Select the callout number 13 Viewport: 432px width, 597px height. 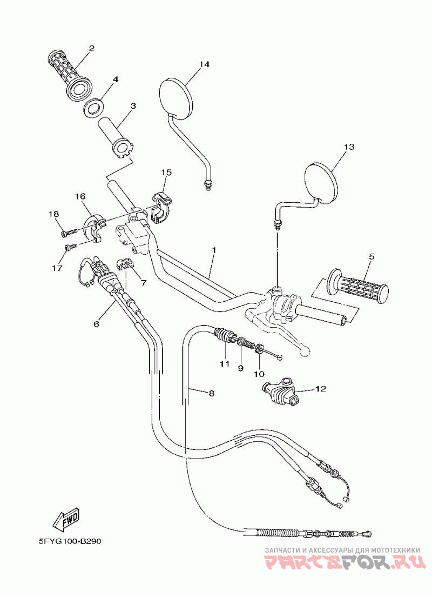click(x=348, y=147)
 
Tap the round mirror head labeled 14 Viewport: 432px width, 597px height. click(x=176, y=96)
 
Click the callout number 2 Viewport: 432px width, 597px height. click(x=91, y=49)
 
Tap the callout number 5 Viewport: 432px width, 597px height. click(x=370, y=257)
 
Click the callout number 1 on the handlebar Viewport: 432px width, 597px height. click(x=214, y=251)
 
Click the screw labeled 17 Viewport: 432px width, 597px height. click(x=69, y=248)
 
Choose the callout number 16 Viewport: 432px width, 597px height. click(x=80, y=196)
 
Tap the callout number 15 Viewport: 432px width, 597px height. click(x=166, y=173)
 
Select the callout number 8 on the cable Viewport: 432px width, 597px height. click(x=211, y=394)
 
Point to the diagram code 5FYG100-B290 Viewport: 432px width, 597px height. click(x=70, y=541)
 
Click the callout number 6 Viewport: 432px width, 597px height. click(x=97, y=324)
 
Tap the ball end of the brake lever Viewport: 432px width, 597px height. click(x=305, y=352)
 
